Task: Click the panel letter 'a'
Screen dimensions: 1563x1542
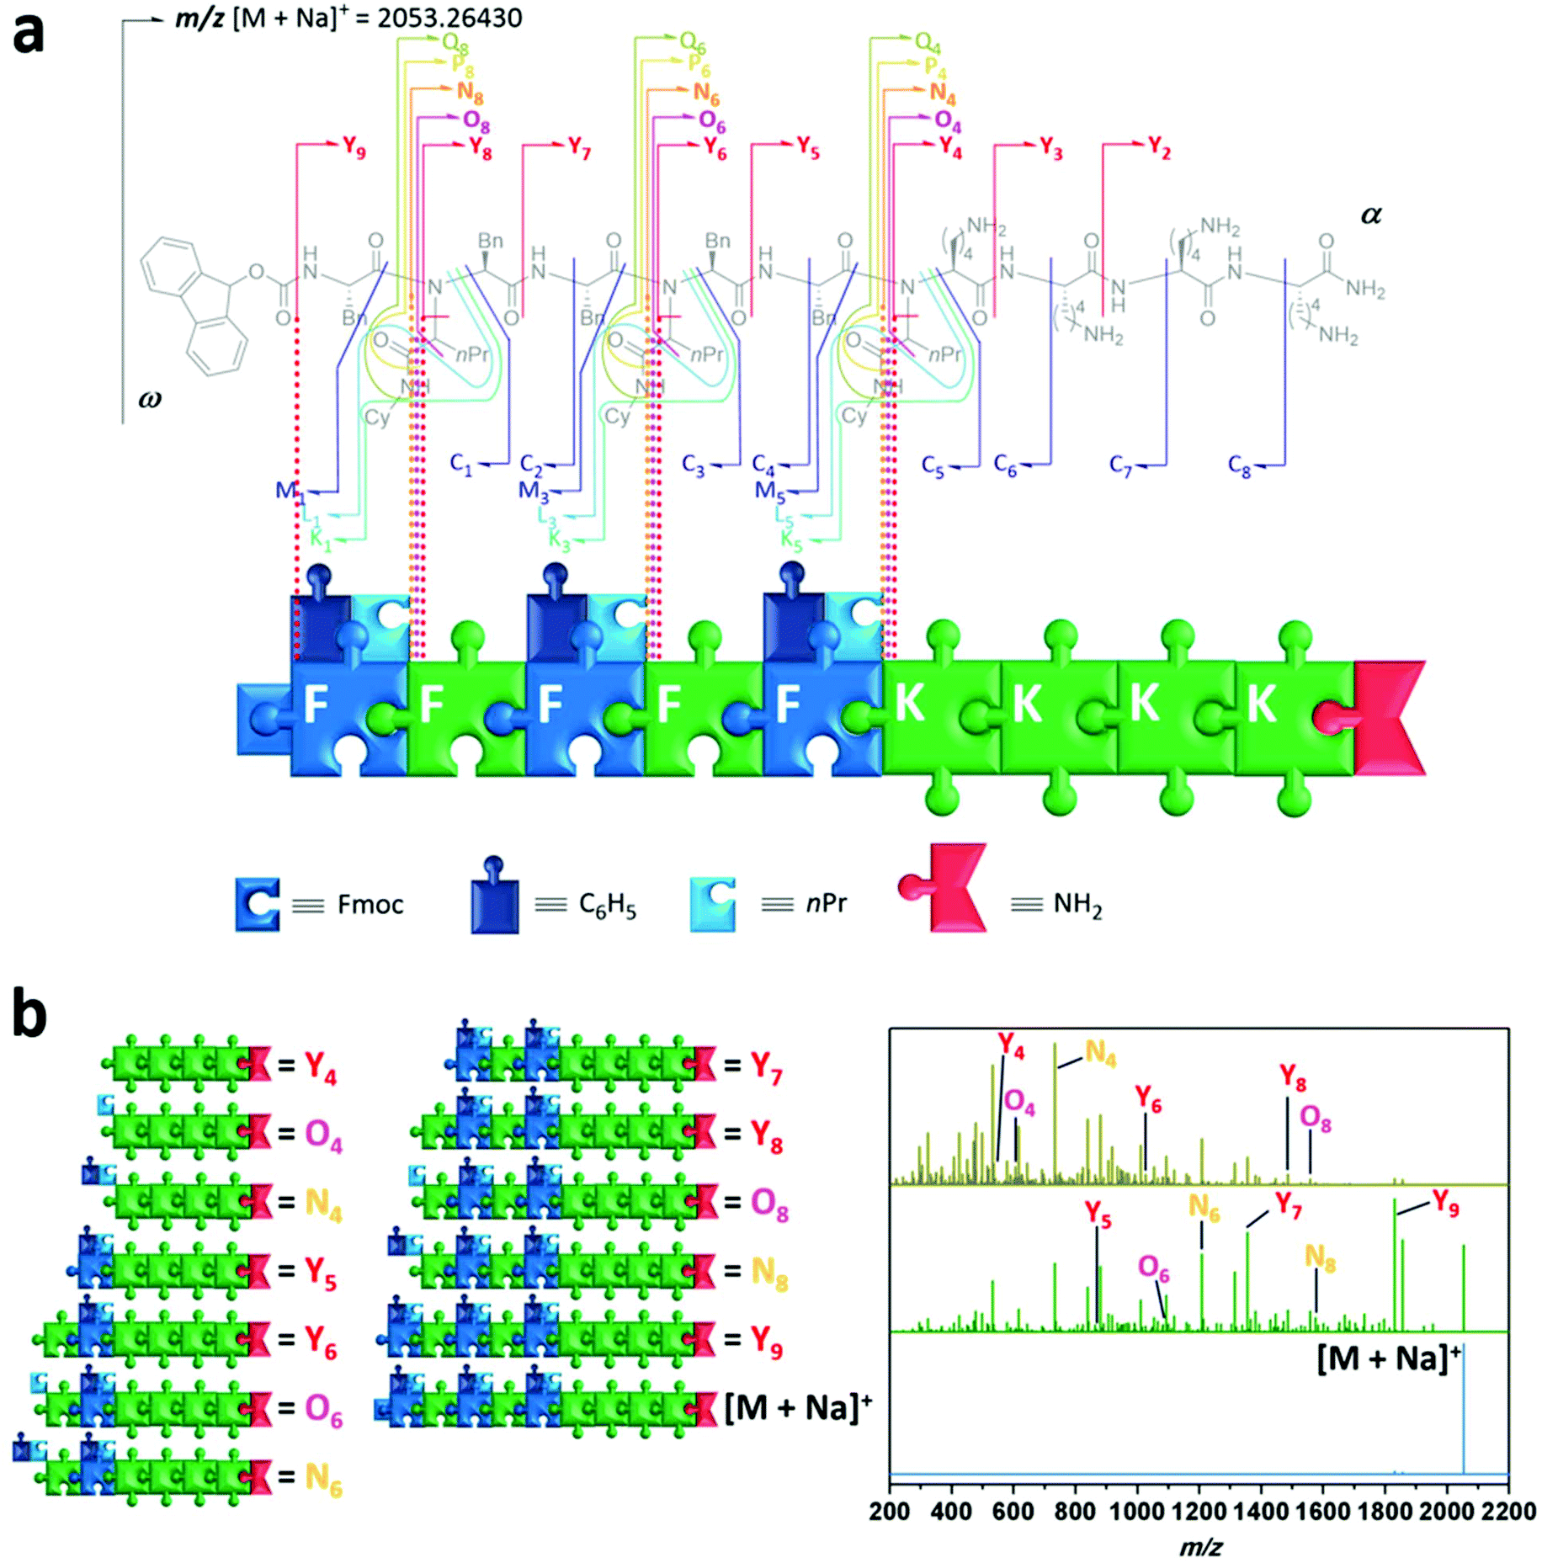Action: [x=29, y=35]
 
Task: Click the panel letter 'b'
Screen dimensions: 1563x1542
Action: [x=29, y=1015]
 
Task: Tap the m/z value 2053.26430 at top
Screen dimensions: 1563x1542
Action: [x=449, y=19]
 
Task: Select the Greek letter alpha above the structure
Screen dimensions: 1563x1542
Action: [x=1371, y=215]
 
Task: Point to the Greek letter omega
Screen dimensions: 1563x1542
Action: [x=150, y=398]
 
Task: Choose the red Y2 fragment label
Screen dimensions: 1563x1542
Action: [x=1159, y=148]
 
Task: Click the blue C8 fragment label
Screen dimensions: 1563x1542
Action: [x=1239, y=465]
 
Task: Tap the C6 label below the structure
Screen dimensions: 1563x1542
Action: [x=1005, y=465]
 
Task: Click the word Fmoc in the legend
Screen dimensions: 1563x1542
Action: [x=370, y=905]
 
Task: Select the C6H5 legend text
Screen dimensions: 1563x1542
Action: [x=607, y=906]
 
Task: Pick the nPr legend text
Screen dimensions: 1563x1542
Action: [x=826, y=904]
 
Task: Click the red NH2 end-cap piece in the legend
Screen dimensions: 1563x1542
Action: [x=947, y=888]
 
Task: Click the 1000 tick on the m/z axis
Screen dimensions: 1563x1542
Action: [x=1138, y=1511]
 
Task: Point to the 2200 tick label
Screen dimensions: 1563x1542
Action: [x=1508, y=1511]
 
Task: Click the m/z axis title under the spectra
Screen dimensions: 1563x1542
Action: [x=1200, y=1547]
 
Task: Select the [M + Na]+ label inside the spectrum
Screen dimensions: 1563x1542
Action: [x=1389, y=1358]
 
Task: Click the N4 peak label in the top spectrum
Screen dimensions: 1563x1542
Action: [x=1100, y=1052]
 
